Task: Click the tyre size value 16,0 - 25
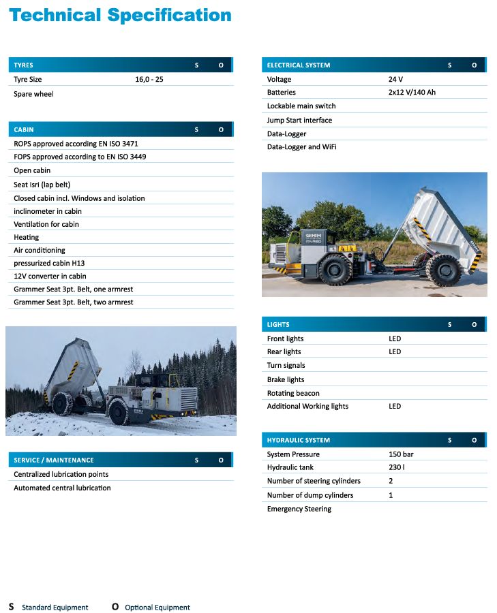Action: (x=149, y=80)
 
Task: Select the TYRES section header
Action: (x=23, y=65)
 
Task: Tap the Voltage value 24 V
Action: (x=395, y=80)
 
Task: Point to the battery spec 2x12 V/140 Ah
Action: (x=412, y=93)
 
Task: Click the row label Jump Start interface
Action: (x=299, y=121)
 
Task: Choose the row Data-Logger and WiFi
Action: (x=301, y=147)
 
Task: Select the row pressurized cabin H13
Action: (x=49, y=264)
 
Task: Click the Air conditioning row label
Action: (x=40, y=251)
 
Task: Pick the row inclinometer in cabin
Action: (x=48, y=211)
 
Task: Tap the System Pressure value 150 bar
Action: (x=401, y=454)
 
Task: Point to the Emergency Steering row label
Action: (x=299, y=509)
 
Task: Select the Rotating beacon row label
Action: (x=293, y=393)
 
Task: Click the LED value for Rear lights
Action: (x=395, y=352)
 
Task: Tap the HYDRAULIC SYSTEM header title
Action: (x=298, y=441)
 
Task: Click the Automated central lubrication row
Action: (x=62, y=488)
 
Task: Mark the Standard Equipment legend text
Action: (x=55, y=608)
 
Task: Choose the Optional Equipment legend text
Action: (x=157, y=608)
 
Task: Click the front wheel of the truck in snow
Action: (x=119, y=411)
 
